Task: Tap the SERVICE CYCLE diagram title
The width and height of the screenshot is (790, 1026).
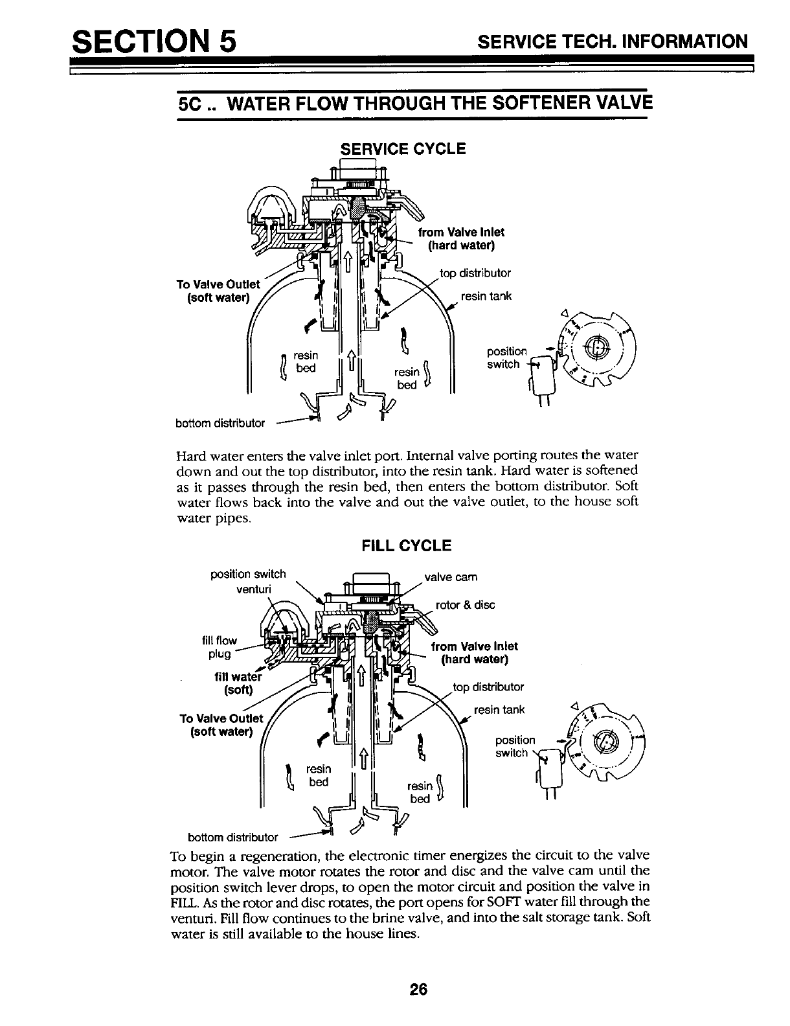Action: click(403, 149)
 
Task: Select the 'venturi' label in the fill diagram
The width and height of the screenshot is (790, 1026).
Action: click(254, 589)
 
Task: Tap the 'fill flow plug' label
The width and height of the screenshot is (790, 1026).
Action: click(220, 646)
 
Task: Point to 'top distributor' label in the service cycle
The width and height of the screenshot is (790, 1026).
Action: click(475, 273)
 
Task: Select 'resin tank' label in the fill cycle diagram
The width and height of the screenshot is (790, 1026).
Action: click(499, 710)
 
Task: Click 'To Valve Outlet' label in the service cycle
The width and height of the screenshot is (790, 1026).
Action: click(218, 291)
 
